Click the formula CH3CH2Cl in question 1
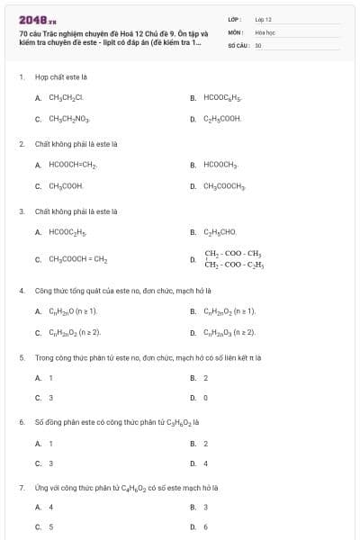(66, 97)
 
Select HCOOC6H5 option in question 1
(223, 97)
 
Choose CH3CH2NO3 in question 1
(67, 119)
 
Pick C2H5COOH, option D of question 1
(221, 119)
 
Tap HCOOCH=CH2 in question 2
(73, 165)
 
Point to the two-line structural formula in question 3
(233, 259)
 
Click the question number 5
(21, 356)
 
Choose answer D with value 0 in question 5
(205, 398)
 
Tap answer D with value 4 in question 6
(205, 463)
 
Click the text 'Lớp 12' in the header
(263, 18)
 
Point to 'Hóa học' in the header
(264, 31)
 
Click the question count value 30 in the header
(258, 44)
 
